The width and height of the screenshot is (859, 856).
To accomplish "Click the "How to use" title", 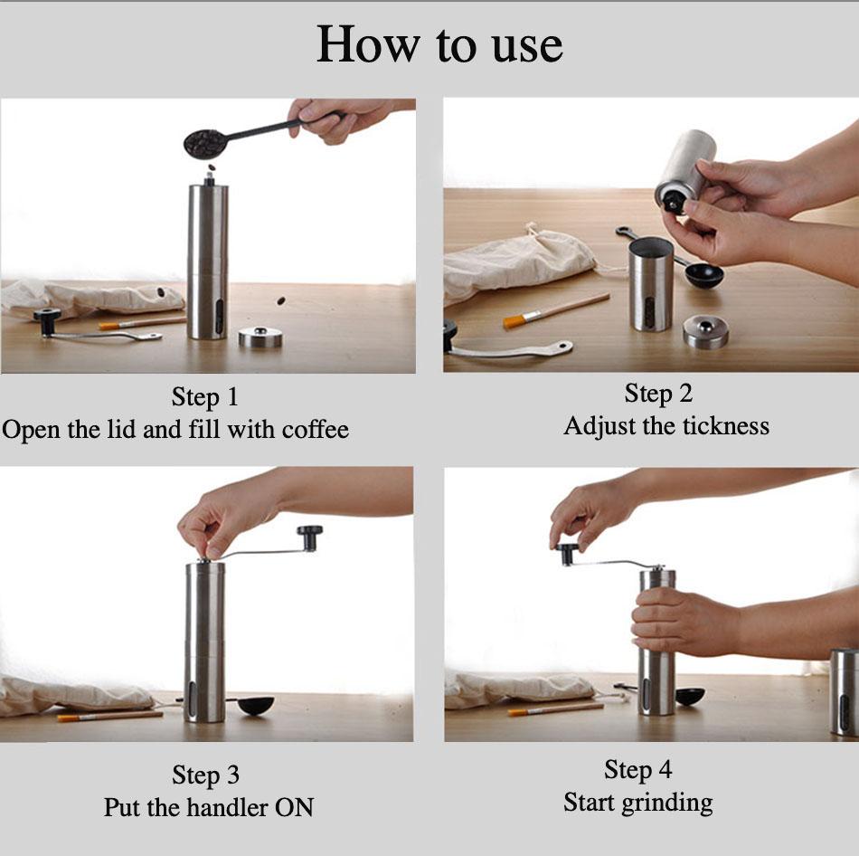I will pos(439,45).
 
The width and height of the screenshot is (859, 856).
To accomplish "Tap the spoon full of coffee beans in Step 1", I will pos(206,142).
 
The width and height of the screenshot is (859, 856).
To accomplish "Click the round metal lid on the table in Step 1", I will pos(260,338).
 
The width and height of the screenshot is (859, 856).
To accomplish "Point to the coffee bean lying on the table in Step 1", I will pos(280,300).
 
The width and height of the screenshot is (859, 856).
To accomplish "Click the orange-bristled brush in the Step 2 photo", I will pos(516,319).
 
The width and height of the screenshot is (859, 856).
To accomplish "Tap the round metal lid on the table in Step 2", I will pos(706,331).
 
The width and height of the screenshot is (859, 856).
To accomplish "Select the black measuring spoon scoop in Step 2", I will pos(703,274).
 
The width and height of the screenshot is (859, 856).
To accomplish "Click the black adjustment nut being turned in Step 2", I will pos(674,204).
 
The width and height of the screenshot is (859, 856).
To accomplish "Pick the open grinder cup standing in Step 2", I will pos(651,284).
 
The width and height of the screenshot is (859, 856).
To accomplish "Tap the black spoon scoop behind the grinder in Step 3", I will pos(255,704).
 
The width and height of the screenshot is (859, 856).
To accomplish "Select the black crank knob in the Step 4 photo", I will pos(568,553).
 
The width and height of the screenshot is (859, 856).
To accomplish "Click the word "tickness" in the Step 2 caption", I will pos(721,426).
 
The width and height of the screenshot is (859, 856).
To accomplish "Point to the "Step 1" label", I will pos(205,397).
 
